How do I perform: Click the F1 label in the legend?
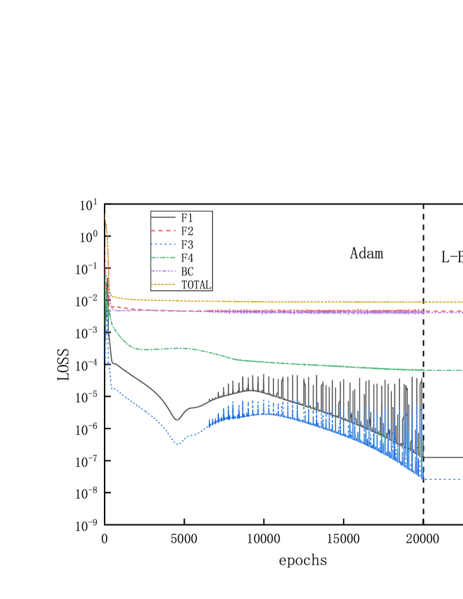coord(187,218)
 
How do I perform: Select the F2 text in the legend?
coord(187,231)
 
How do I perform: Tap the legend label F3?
coord(187,244)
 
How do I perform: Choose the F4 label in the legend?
coord(187,258)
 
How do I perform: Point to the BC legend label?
coord(187,272)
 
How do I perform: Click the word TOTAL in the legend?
coord(195,285)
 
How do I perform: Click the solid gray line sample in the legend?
coord(163,218)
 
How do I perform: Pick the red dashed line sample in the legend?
coord(163,231)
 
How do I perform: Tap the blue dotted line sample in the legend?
coord(163,244)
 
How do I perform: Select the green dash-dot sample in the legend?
coord(163,258)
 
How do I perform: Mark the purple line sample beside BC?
coord(163,272)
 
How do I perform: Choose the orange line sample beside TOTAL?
coord(163,285)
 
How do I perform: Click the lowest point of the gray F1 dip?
coord(176,420)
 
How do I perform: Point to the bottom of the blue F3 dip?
coord(178,444)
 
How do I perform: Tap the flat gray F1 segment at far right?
coord(443,457)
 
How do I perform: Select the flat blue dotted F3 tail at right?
coord(443,479)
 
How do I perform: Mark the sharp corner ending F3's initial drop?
coord(112,387)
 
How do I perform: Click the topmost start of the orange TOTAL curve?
coord(105,215)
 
